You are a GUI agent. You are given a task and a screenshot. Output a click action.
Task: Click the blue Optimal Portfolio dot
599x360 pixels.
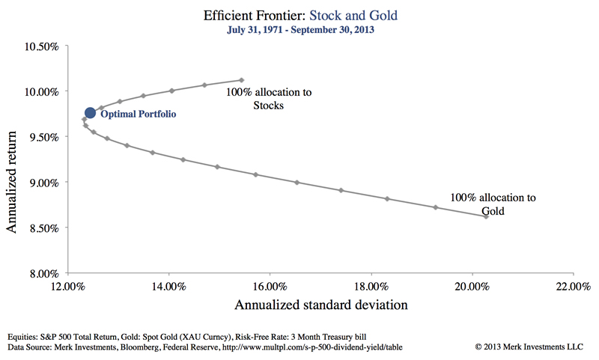point(90,112)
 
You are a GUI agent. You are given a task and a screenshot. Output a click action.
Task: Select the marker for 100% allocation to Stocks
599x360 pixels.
point(241,80)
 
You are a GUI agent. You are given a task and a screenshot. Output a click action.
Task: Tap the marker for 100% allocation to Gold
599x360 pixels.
point(486,216)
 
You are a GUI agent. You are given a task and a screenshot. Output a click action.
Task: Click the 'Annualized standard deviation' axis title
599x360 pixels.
point(321,305)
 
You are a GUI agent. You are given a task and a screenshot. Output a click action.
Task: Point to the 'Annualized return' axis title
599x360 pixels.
point(13,159)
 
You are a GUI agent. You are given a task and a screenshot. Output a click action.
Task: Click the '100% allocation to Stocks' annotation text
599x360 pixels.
point(269,99)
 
